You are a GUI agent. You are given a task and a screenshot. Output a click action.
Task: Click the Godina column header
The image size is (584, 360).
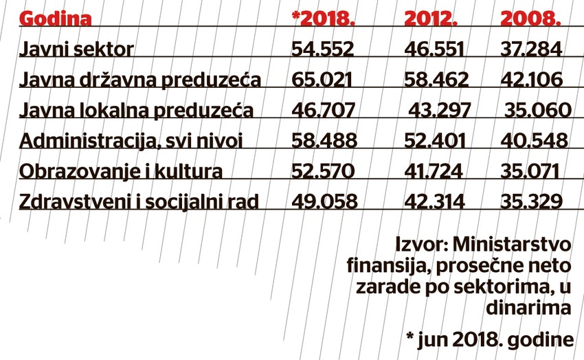click(55, 19)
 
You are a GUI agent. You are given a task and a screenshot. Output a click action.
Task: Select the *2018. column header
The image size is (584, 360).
click(323, 19)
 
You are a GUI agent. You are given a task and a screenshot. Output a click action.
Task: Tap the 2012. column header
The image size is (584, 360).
click(431, 19)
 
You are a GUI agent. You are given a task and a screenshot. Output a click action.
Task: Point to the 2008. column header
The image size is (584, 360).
click(530, 19)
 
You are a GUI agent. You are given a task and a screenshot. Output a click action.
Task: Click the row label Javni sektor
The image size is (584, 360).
click(76, 49)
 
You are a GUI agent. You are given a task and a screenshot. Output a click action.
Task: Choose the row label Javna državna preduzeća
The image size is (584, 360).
click(140, 80)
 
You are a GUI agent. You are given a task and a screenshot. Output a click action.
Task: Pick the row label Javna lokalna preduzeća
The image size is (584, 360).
click(137, 110)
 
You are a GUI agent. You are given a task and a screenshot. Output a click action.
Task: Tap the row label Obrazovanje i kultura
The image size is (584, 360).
click(121, 171)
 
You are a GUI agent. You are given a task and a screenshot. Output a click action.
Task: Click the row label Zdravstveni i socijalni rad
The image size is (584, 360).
click(139, 201)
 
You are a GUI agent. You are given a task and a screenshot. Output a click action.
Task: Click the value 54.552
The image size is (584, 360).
click(323, 49)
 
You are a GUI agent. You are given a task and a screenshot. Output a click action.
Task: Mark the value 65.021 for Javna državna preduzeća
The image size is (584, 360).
click(323, 80)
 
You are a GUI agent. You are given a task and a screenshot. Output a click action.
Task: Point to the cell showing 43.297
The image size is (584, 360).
click(440, 110)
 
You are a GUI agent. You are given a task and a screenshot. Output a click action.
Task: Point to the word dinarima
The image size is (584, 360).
click(528, 308)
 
